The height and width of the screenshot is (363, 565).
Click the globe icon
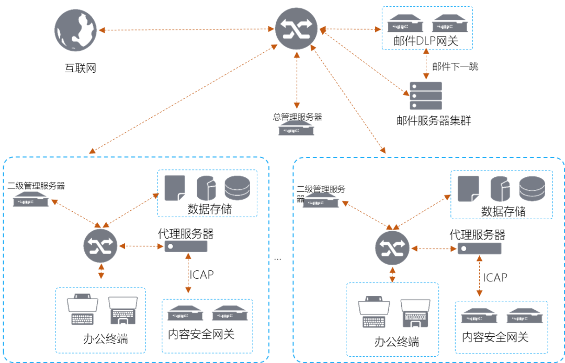[75, 30]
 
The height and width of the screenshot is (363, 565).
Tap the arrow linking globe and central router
[186, 30]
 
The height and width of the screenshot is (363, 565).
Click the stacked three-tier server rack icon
[425, 96]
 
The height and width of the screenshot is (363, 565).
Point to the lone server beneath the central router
[296, 128]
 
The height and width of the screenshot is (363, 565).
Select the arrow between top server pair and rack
[426, 65]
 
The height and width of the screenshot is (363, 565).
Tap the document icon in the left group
[174, 188]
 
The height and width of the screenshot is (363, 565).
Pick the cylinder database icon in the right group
[500, 188]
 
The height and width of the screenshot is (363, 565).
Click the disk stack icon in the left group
[237, 188]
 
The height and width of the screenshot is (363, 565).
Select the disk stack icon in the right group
[532, 189]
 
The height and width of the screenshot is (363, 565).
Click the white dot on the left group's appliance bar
[170, 246]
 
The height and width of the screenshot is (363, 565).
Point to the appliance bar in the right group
[479, 248]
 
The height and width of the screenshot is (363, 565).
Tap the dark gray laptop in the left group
[123, 311]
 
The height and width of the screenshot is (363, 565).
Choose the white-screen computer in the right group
[374, 312]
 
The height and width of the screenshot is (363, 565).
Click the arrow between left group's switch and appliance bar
[141, 246]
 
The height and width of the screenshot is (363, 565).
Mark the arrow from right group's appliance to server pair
[479, 277]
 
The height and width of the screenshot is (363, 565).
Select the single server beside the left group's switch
[31, 199]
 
